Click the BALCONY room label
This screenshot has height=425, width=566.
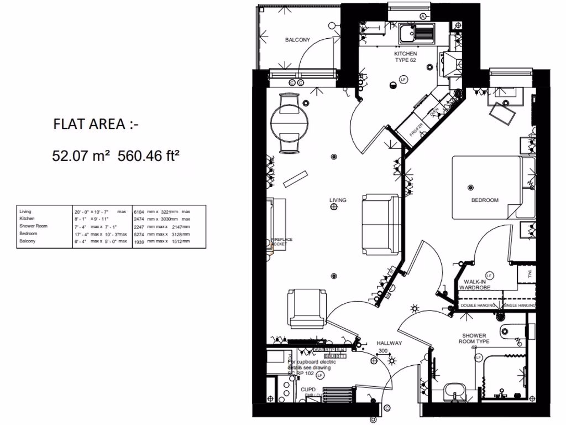[297, 40]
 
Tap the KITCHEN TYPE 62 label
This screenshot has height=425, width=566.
[405, 57]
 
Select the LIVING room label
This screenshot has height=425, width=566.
[338, 200]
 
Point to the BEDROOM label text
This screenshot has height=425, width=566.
[485, 200]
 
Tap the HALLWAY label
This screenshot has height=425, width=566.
[389, 343]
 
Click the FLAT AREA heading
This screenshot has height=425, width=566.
[96, 125]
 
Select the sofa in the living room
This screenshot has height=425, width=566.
[381, 224]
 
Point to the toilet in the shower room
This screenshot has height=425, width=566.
[512, 333]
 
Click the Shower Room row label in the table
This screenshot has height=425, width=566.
[34, 226]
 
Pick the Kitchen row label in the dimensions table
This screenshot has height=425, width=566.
[27, 219]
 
